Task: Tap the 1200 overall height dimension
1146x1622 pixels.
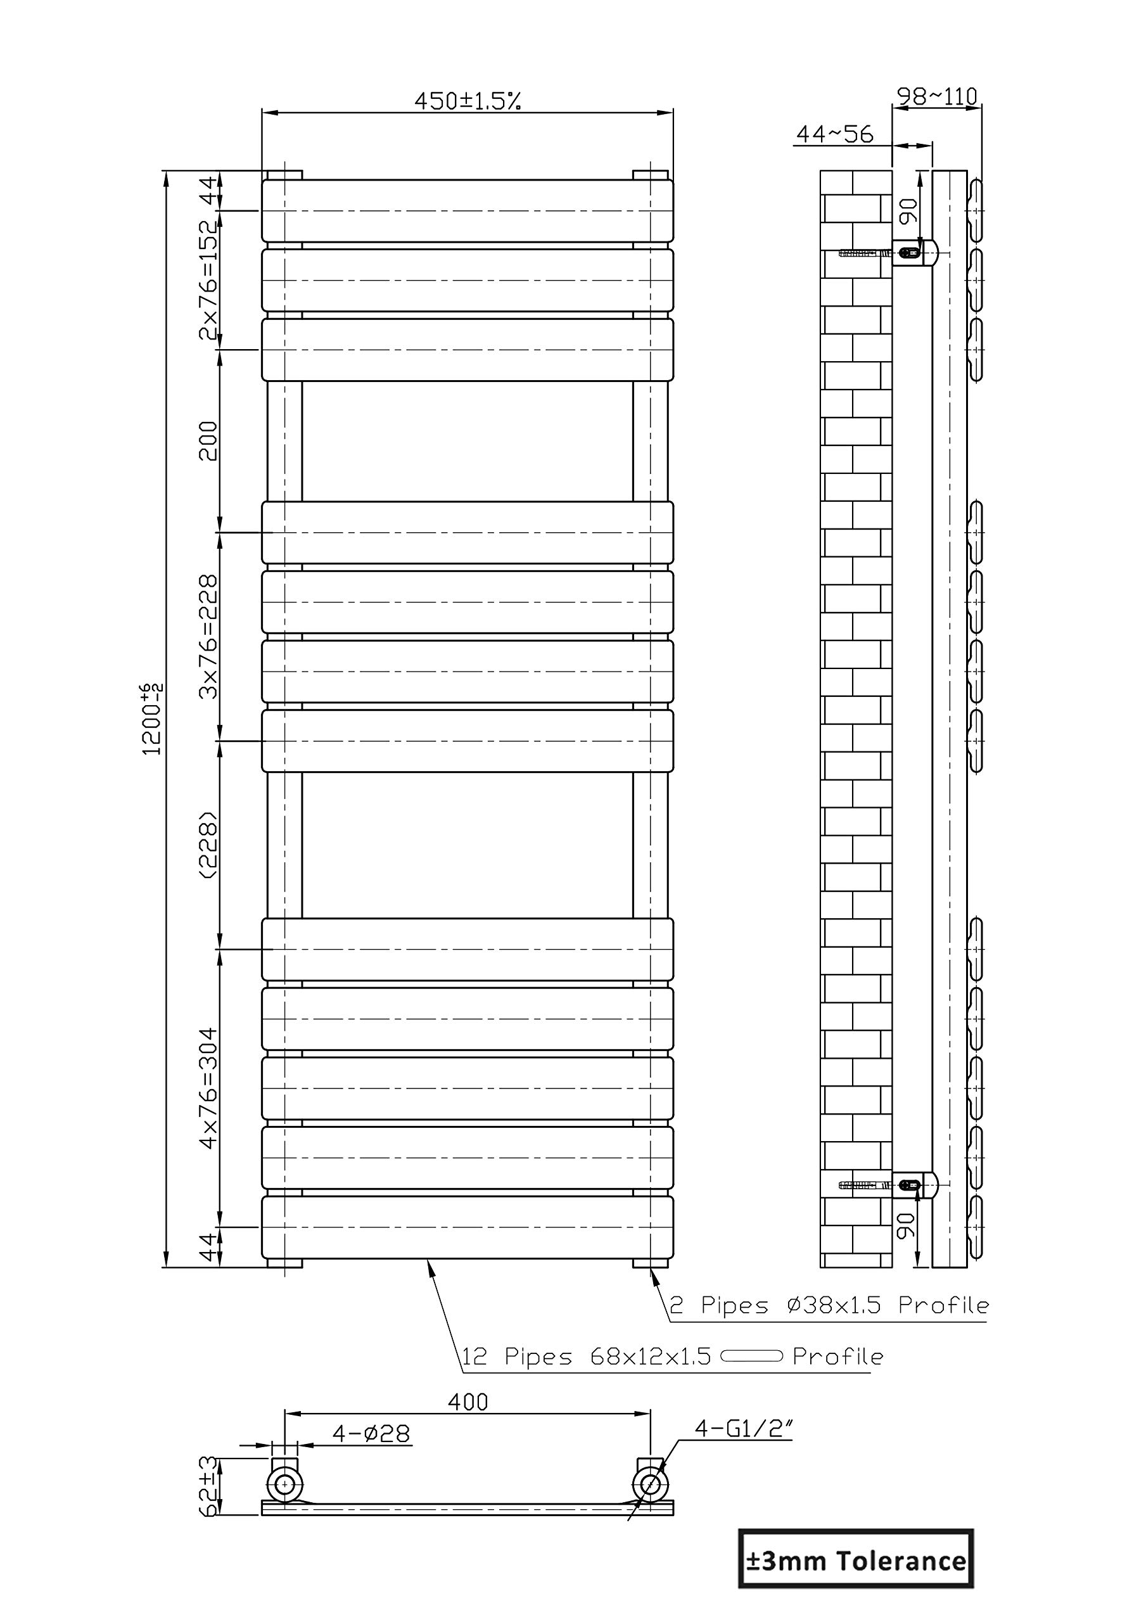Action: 153,718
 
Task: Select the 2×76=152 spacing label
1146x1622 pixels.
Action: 209,280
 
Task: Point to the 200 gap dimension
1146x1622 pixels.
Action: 208,441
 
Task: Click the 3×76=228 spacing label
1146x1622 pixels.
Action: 209,637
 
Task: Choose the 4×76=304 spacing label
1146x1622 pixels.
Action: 209,1088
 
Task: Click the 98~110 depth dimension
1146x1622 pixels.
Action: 937,96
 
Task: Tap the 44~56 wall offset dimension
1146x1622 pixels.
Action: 835,134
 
